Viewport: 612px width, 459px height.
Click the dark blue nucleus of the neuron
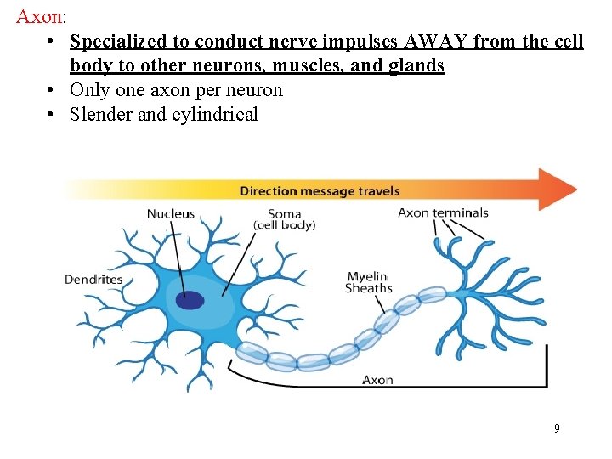(x=190, y=300)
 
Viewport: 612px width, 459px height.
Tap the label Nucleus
(x=171, y=214)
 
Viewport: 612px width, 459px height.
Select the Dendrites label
(x=93, y=279)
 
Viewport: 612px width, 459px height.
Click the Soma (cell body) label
(x=284, y=219)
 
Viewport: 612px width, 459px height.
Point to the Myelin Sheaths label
(x=368, y=282)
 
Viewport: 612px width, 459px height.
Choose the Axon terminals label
(x=443, y=212)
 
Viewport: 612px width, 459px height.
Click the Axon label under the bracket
(x=377, y=379)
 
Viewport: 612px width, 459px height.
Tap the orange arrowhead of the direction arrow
(x=558, y=189)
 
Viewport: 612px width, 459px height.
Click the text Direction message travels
(x=320, y=190)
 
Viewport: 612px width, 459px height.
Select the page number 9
(x=557, y=428)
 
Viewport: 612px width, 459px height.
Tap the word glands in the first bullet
(x=417, y=65)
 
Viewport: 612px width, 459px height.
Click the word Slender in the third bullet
(x=100, y=114)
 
